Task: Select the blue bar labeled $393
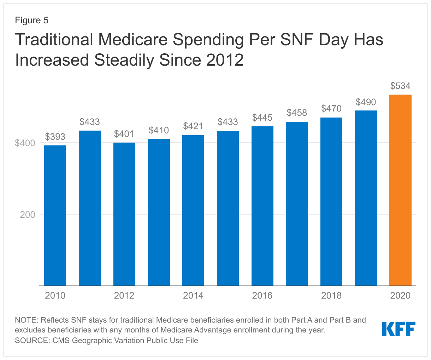[x=55, y=215]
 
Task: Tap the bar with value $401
[x=124, y=214]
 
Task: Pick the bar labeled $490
[x=366, y=198]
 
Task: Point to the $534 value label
[x=400, y=86]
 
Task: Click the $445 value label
[x=262, y=118]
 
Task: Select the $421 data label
[x=193, y=126]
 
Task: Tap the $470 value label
[x=331, y=108]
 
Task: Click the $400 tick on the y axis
[x=25, y=143]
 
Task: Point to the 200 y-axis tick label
[x=28, y=215]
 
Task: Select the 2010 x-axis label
[x=55, y=295]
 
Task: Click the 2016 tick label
[x=262, y=295]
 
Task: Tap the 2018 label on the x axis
[x=331, y=295]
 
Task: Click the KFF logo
[x=398, y=329]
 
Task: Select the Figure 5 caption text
[x=31, y=20]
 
